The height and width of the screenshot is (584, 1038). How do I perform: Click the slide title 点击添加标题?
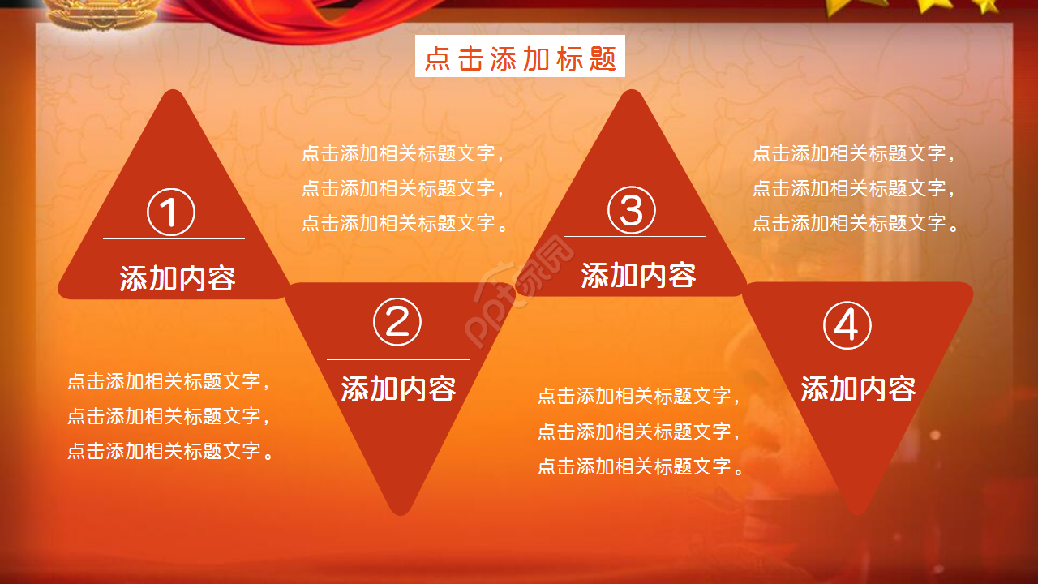click(x=520, y=58)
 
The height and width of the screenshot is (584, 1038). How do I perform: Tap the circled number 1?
click(x=171, y=213)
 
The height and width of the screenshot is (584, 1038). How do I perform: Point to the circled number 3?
click(x=632, y=210)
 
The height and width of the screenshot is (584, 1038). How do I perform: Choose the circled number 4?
click(x=847, y=326)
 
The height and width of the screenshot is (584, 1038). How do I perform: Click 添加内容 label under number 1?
click(x=177, y=278)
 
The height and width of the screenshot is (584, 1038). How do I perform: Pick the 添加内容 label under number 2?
click(x=398, y=389)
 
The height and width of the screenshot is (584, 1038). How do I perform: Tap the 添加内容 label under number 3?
click(x=638, y=276)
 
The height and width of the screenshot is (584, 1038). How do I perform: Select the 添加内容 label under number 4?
click(x=858, y=389)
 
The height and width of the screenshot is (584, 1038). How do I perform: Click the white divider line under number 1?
click(x=174, y=239)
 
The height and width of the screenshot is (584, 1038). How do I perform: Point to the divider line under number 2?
click(x=397, y=359)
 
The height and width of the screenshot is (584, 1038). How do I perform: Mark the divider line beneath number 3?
click(x=634, y=237)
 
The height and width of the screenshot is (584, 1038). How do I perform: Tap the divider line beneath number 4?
click(x=856, y=359)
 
